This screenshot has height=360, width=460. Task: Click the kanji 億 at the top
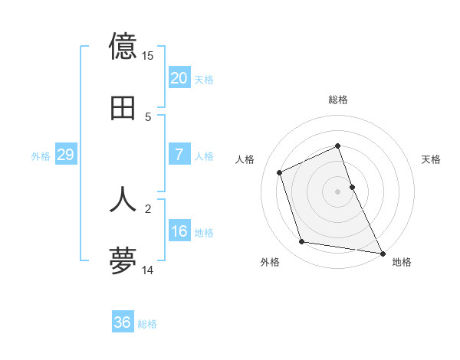pyautogui.click(x=123, y=47)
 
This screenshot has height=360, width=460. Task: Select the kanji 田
pyautogui.click(x=123, y=109)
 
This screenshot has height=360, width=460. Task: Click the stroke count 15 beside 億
pyautogui.click(x=148, y=56)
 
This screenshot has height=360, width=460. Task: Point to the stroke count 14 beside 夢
pyautogui.click(x=148, y=270)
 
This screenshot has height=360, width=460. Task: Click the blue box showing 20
pyautogui.click(x=179, y=78)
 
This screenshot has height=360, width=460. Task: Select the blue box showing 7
pyautogui.click(x=179, y=155)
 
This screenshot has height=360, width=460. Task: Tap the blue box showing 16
pyautogui.click(x=179, y=231)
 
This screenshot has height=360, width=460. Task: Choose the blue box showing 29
pyautogui.click(x=66, y=155)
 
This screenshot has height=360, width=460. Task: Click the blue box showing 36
pyautogui.click(x=123, y=322)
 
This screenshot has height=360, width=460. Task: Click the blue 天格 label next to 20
pyautogui.click(x=204, y=80)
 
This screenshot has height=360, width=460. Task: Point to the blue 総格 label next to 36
pyautogui.click(x=147, y=324)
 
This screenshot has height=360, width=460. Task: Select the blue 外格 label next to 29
pyautogui.click(x=41, y=156)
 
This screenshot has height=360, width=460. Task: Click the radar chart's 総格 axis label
pyautogui.click(x=338, y=100)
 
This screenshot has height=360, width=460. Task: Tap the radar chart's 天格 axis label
pyautogui.click(x=432, y=159)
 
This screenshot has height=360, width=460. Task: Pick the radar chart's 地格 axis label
pyautogui.click(x=402, y=262)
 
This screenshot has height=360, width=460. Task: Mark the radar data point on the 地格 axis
pyautogui.click(x=382, y=252)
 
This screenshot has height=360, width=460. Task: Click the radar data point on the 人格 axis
pyautogui.click(x=280, y=172)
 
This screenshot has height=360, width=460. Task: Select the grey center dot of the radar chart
pyautogui.click(x=338, y=191)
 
